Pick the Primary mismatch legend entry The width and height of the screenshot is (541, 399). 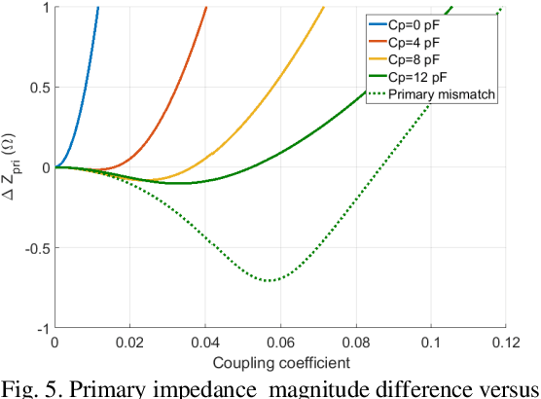442,94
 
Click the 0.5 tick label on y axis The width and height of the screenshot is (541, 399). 38,88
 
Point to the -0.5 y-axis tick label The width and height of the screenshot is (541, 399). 36,248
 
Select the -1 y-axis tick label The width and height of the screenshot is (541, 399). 42,329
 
